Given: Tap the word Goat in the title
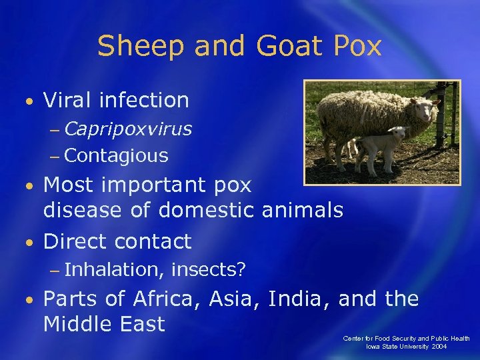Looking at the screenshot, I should tap(278, 47).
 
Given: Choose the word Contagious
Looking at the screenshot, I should tap(117, 156).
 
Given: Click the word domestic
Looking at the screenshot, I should tap(207, 211).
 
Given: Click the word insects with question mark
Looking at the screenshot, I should tap(209, 269).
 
